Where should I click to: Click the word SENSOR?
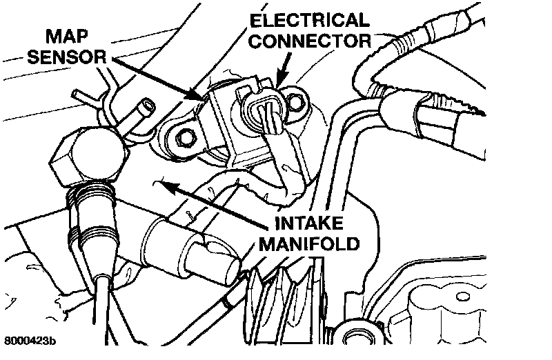click(x=66, y=56)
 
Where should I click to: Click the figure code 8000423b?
click(x=30, y=341)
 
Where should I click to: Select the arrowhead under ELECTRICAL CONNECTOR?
click(x=279, y=83)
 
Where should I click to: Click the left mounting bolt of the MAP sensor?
click(x=184, y=138)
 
